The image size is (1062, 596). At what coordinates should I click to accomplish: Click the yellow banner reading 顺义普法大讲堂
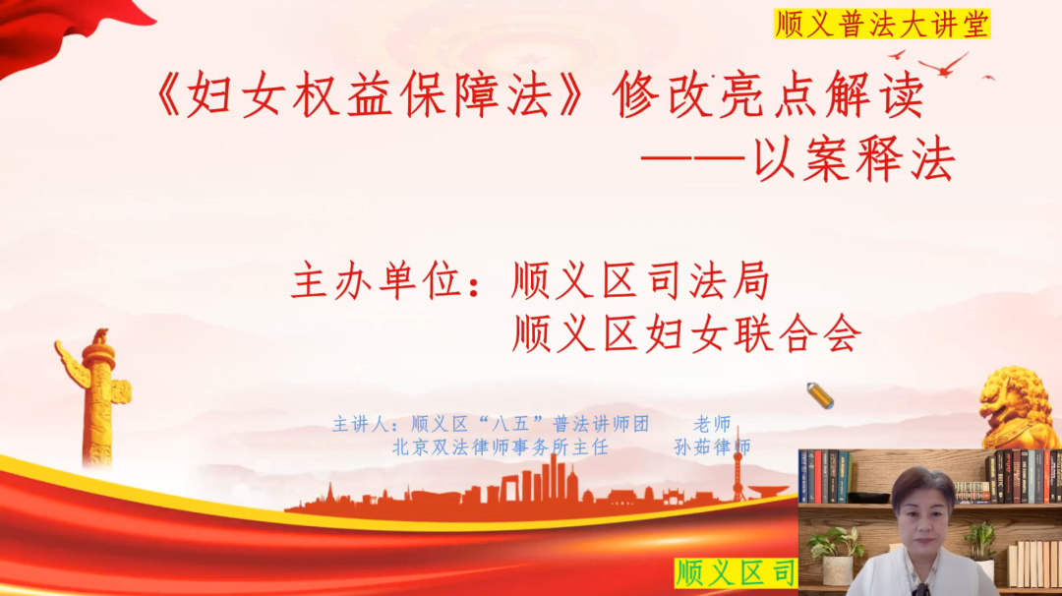[882, 24]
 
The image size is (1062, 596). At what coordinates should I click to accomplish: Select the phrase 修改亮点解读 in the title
[769, 94]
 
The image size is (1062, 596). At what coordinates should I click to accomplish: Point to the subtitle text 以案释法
[855, 160]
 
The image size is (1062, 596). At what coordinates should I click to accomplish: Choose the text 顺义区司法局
[641, 280]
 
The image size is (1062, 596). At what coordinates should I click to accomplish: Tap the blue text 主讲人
[360, 425]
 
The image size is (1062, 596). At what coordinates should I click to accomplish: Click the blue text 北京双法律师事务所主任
[501, 447]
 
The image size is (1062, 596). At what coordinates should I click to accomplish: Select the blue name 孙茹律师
[713, 447]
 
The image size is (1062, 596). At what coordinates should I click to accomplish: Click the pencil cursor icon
[820, 395]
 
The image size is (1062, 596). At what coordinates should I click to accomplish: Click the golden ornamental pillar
[98, 398]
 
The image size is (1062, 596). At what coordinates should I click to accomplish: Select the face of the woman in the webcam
[922, 521]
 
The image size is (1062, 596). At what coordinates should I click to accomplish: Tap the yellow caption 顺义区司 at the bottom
[736, 573]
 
